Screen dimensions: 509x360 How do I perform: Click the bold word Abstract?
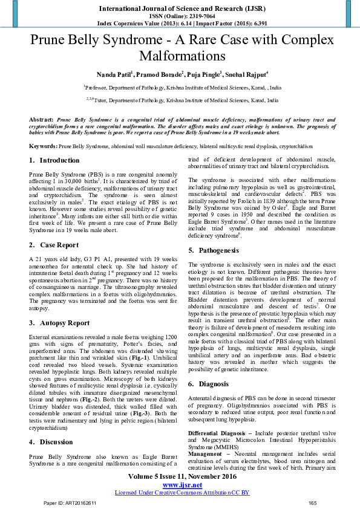point(41,120)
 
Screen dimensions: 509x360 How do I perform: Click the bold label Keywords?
point(43,146)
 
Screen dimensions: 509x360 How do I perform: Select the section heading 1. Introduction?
point(54,161)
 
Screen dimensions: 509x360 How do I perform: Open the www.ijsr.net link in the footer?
point(182,485)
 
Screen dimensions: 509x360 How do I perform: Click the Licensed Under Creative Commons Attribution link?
point(182,493)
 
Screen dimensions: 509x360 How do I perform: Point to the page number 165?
point(312,503)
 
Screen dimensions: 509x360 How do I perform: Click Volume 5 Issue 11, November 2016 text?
point(182,477)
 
